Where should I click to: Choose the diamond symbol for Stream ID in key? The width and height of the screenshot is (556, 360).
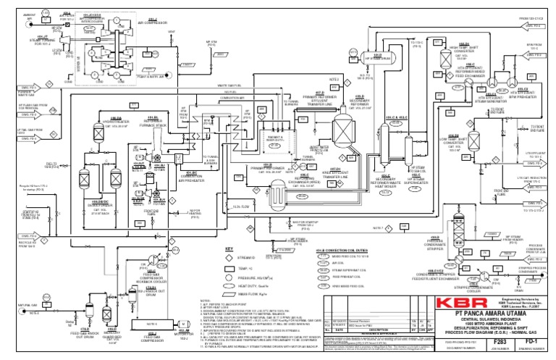230,256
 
